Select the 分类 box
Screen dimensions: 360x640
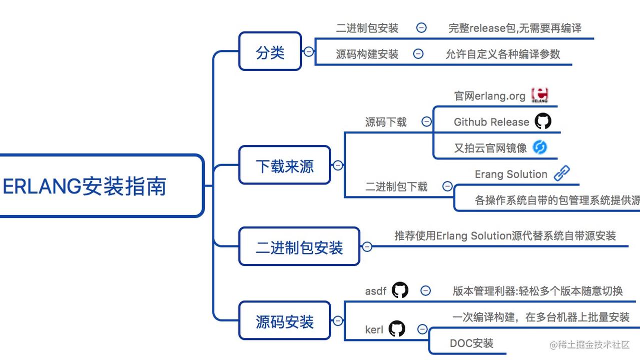point(270,51)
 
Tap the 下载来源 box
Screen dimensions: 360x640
point(285,165)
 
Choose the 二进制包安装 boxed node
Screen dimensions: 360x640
point(299,247)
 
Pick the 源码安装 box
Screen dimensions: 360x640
point(285,321)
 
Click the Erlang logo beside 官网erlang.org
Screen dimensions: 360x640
point(540,94)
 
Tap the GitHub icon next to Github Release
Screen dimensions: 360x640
point(543,121)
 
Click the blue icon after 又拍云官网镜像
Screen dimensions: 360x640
point(539,147)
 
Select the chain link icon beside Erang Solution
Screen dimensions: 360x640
point(562,173)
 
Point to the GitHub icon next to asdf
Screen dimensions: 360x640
point(400,290)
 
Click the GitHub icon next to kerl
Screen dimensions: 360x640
point(397,328)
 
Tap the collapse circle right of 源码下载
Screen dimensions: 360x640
point(426,121)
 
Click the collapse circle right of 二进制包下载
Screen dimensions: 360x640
point(447,186)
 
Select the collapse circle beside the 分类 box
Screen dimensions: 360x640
point(309,51)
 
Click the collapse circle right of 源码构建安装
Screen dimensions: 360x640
point(418,54)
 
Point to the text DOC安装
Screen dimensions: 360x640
point(471,343)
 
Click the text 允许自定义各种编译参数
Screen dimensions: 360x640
point(502,54)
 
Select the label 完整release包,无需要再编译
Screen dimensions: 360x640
point(514,28)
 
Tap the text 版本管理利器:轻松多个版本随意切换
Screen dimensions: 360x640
point(537,291)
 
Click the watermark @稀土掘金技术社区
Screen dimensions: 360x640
point(589,344)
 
